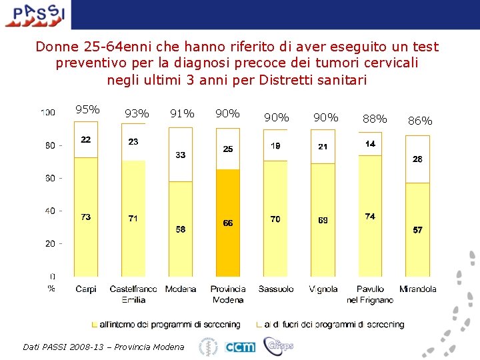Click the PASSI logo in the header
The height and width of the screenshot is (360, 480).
[35, 15]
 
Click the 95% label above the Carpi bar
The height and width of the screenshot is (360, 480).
[87, 110]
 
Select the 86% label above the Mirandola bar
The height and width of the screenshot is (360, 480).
[420, 121]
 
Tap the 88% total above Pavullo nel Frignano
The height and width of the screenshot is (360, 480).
[374, 119]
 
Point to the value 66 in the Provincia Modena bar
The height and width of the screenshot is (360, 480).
[228, 223]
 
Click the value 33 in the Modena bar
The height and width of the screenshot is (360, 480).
[180, 155]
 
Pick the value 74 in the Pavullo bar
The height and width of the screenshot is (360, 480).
[370, 216]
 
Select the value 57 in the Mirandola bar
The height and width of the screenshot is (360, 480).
[417, 230]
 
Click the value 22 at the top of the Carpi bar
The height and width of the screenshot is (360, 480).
[86, 139]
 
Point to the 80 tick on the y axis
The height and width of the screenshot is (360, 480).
[50, 145]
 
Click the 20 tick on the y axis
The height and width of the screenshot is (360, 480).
[50, 243]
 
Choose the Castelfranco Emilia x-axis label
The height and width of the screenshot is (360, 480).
[133, 294]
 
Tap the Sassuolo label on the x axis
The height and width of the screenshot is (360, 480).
[275, 289]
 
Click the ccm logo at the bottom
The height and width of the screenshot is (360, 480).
[239, 347]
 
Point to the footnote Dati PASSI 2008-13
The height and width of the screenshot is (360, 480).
[103, 347]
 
